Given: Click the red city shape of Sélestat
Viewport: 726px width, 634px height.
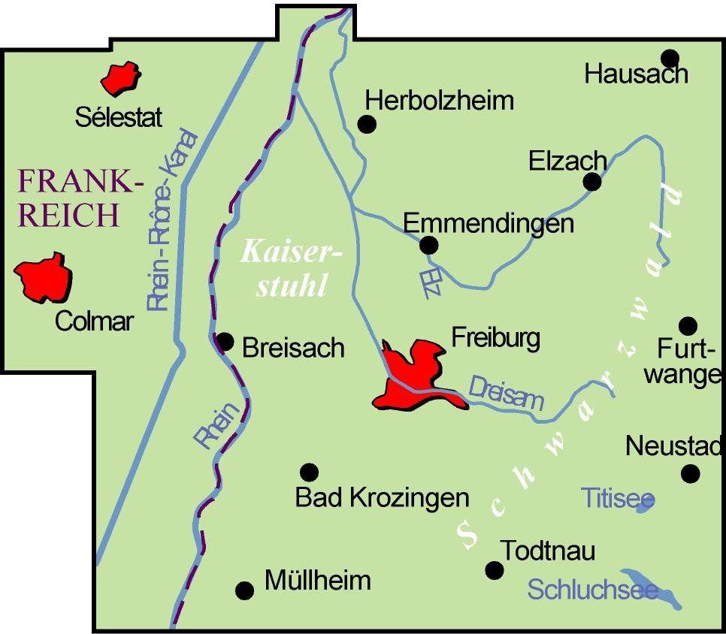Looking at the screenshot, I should point(121,78).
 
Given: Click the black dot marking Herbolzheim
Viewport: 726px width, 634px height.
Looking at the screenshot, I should point(367,124).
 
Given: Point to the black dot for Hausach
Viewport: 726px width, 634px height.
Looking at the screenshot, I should point(670,58).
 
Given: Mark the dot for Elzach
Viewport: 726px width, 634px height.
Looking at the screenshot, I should point(592,181).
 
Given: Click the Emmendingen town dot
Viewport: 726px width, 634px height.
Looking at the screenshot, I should point(428,245).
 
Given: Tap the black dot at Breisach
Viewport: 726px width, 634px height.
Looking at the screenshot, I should point(225,342).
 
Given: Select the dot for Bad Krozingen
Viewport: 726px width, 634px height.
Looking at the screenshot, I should point(309,472).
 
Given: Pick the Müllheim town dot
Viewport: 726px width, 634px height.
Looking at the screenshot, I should point(244,590).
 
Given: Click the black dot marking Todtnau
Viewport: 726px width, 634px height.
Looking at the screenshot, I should point(494,570).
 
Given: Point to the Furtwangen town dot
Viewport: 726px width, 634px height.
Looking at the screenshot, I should point(688,325).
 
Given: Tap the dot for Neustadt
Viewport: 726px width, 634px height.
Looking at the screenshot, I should point(690,473).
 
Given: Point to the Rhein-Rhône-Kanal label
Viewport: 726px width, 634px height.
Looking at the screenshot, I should point(173,222).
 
